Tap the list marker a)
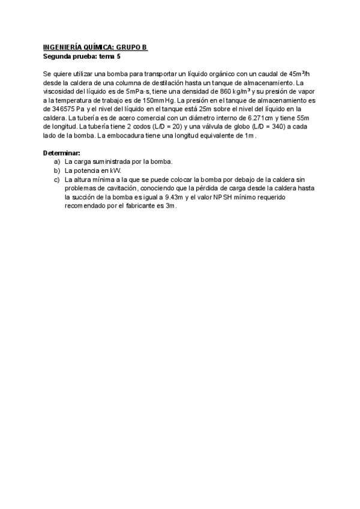[x=57, y=162]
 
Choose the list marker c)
[x=57, y=179]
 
